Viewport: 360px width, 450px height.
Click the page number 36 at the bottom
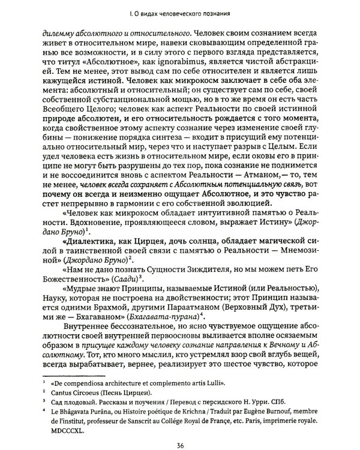181,428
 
